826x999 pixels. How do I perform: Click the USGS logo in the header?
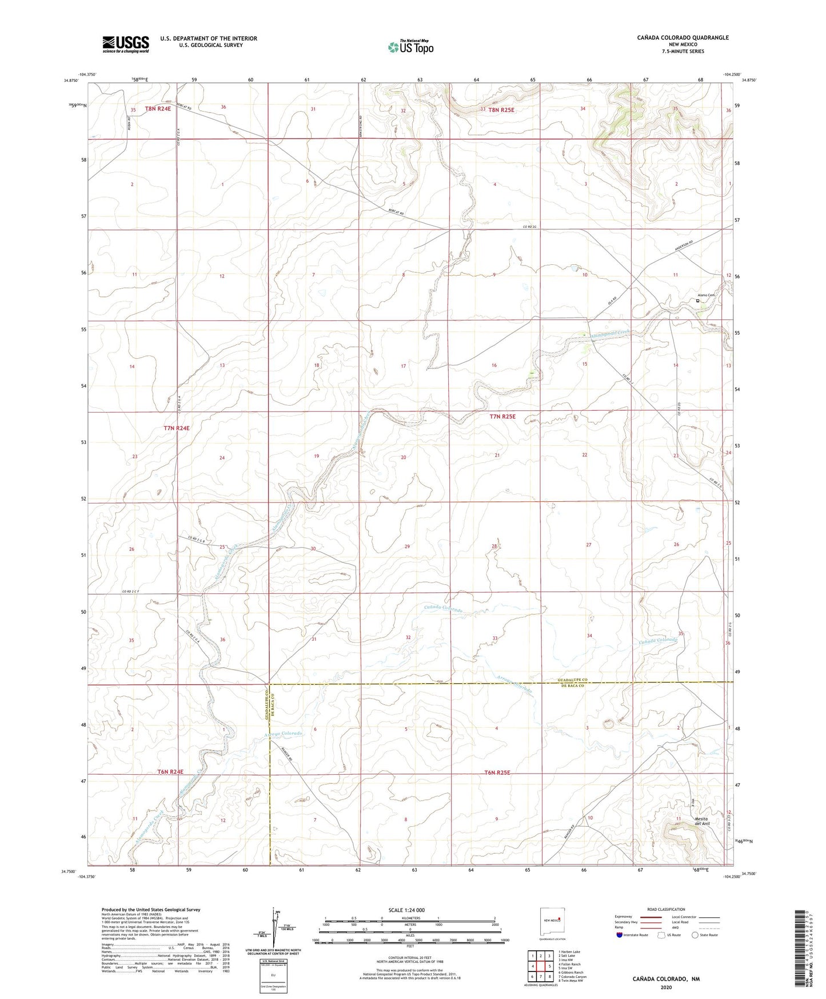click(126, 44)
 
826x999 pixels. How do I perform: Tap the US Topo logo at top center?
click(410, 47)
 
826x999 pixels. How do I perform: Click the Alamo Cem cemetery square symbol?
click(697, 300)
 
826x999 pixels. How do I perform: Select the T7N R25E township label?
click(502, 417)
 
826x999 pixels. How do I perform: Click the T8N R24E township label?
click(158, 109)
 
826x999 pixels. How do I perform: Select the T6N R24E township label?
click(170, 772)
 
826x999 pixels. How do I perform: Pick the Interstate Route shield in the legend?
click(620, 935)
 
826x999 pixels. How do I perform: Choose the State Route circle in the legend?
click(695, 935)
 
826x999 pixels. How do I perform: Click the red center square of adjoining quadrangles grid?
click(540, 966)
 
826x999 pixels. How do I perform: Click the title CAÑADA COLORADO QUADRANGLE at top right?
click(683, 38)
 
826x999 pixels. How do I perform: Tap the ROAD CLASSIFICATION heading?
click(666, 909)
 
